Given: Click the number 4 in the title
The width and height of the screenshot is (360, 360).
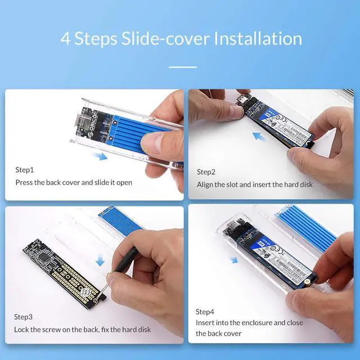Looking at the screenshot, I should pos(66,39).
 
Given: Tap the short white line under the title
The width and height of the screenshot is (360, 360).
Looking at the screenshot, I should pos(183,67).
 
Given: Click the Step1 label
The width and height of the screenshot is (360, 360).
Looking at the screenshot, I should pos(25,169).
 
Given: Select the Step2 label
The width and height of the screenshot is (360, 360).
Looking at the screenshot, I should pos(206,172).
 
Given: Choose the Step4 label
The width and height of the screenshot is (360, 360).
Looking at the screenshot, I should pos(206,312).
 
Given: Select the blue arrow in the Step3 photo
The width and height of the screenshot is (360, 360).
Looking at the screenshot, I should pos(100,260).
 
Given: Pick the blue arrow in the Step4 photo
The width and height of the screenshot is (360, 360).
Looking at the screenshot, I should pos(233,259).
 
